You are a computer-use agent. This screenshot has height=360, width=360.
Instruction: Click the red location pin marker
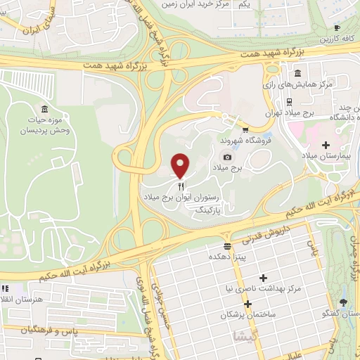point(180,165)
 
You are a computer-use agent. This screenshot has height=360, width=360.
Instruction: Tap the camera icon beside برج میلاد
point(227,157)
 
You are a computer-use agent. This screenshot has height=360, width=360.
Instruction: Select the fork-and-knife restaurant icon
point(181,186)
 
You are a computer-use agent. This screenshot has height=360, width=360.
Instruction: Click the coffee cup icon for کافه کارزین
point(336,28)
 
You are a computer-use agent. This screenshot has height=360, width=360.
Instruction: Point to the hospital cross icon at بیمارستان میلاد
point(325,145)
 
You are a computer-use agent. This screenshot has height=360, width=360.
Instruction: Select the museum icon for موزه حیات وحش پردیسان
point(45,109)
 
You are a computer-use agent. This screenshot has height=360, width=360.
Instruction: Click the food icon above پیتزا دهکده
point(227,246)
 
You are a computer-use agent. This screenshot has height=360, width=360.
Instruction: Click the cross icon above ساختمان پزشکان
point(247,302)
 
